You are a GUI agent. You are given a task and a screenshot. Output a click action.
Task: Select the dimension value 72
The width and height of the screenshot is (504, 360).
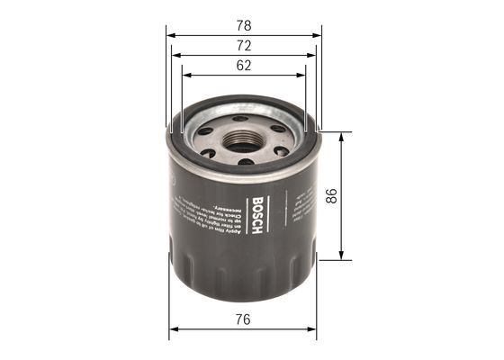[244, 44]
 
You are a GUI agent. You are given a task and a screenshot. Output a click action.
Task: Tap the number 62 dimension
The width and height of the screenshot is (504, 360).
[244, 65]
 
